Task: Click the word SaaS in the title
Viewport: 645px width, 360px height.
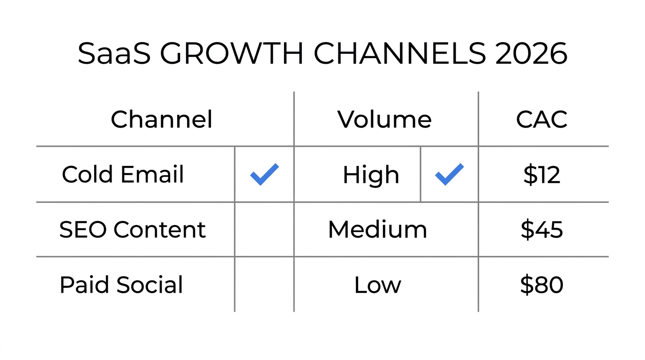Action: point(114,53)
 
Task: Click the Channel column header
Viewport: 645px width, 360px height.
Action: point(161,120)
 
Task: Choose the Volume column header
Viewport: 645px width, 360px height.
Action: point(384,120)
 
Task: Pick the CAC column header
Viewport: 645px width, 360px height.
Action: point(542,120)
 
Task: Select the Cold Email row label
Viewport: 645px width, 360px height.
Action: point(123,175)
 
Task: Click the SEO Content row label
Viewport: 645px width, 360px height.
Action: point(132,230)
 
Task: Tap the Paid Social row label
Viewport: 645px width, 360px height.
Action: point(121,285)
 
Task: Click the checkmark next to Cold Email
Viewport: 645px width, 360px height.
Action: point(264,174)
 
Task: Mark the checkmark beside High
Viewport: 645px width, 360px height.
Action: point(450,174)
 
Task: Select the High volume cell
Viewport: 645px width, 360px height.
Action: point(371,175)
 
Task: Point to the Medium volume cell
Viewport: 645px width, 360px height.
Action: point(377,230)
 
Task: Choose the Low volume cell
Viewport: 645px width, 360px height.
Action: point(377,285)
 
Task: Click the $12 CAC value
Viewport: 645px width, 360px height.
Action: point(542,175)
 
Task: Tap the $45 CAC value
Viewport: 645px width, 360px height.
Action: point(542,230)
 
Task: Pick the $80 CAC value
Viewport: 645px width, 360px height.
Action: point(542,285)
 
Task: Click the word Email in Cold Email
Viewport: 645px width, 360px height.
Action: point(152,175)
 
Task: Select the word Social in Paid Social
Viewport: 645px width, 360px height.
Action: point(150,285)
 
